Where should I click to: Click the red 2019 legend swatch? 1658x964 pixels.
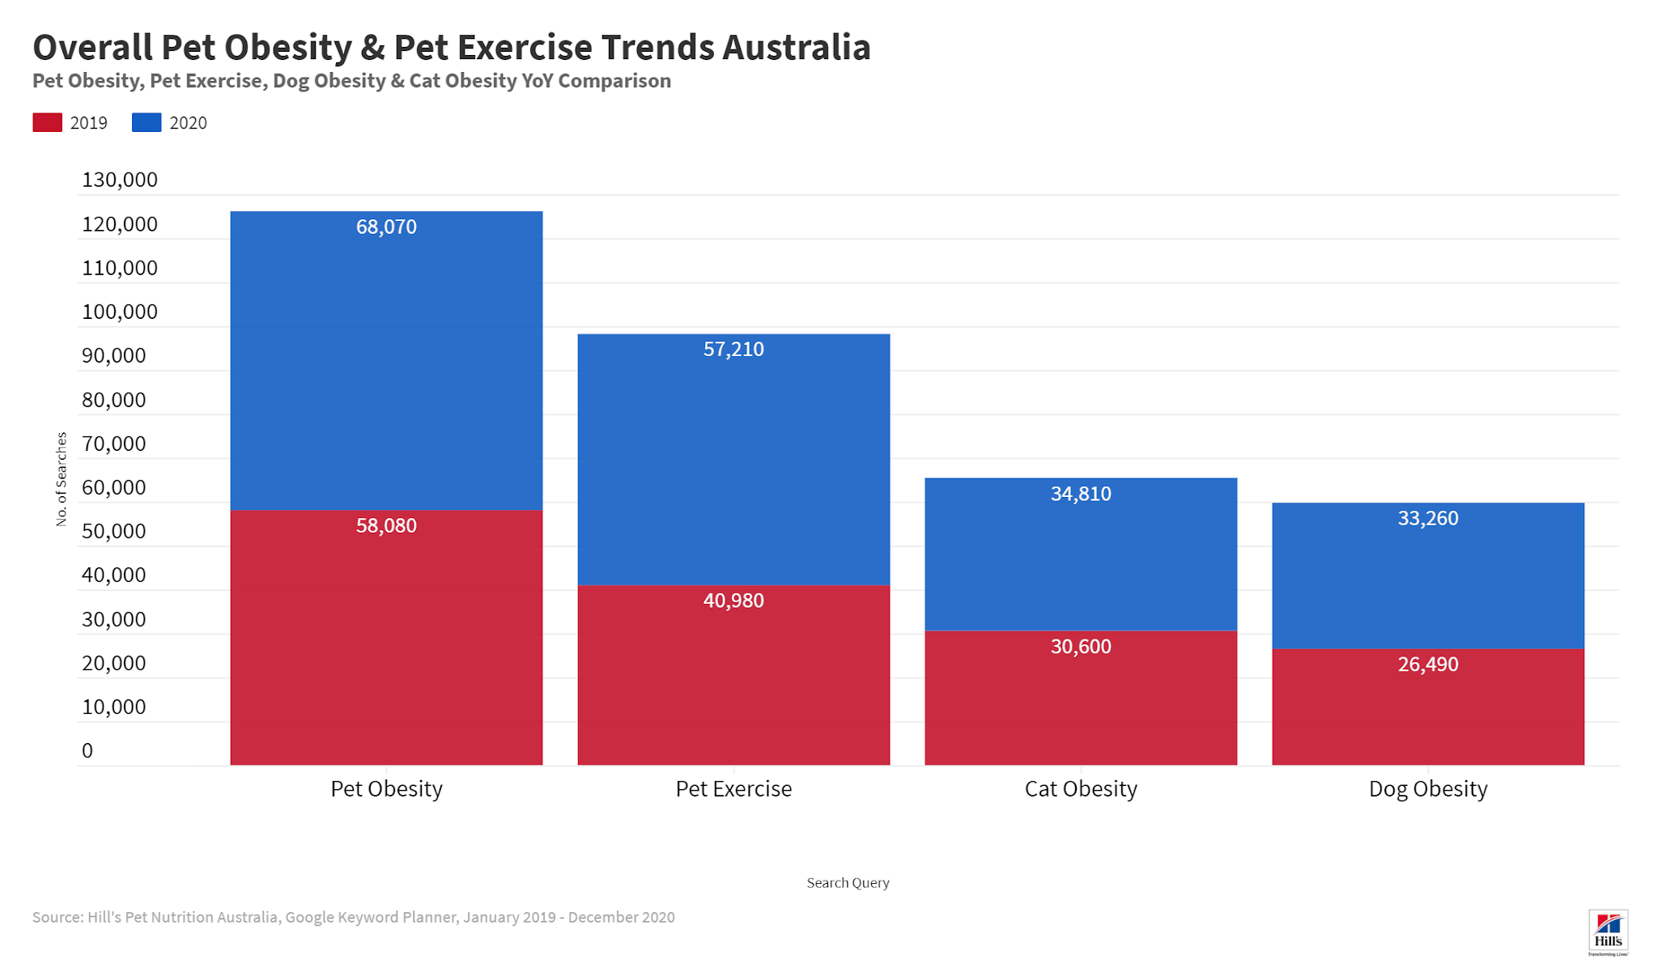coord(47,122)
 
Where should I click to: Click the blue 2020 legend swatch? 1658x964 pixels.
coord(147,122)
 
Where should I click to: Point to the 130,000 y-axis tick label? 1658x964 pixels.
coord(120,180)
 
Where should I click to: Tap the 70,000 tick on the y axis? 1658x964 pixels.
coord(114,444)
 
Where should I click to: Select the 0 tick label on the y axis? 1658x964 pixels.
coord(87,750)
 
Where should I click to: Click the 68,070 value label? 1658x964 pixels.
coord(386,227)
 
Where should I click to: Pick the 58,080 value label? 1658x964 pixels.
coord(386,525)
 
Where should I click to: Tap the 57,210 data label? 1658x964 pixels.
coord(733,349)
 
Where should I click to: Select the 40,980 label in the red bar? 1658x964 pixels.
coord(733,601)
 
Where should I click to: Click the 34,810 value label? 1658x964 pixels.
coord(1081,494)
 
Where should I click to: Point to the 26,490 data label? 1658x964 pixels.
coord(1428,665)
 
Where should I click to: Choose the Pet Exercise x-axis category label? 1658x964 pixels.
coord(733,788)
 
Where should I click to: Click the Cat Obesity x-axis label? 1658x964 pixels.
coord(1081,788)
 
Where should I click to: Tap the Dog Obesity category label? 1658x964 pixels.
coord(1428,788)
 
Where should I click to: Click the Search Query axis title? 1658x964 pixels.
coord(848,882)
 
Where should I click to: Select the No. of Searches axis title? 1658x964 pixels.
coord(62,479)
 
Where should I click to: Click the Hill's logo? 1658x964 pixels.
coord(1608,932)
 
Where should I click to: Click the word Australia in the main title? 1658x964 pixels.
coord(797,47)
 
